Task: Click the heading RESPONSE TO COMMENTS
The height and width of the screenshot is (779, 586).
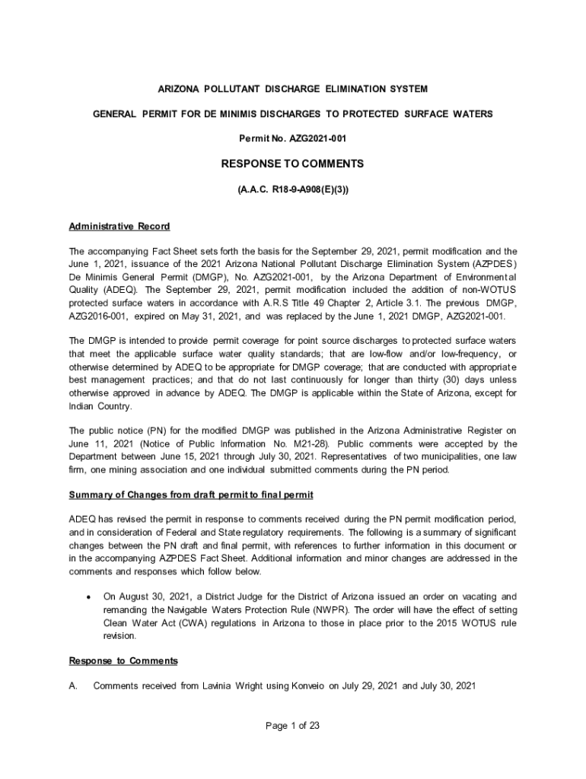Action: [292, 164]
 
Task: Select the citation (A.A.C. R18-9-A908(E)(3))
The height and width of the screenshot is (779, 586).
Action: [292, 189]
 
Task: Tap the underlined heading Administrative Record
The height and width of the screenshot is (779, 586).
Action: [119, 226]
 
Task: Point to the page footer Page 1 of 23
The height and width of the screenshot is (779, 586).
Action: [292, 725]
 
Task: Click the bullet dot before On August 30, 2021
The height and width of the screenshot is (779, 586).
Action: [91, 597]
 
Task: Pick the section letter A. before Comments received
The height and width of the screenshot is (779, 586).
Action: [73, 685]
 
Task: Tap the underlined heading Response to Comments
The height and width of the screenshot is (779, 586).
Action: [123, 660]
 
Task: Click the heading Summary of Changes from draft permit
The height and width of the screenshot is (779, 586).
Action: [190, 494]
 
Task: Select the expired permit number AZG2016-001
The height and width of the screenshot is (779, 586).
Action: [97, 316]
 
